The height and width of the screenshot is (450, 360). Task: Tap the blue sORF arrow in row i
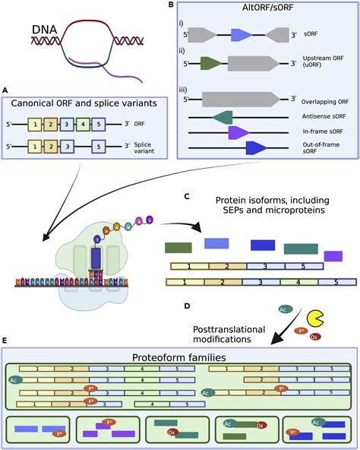point(241,35)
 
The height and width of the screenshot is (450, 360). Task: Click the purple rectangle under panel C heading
point(333,256)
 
